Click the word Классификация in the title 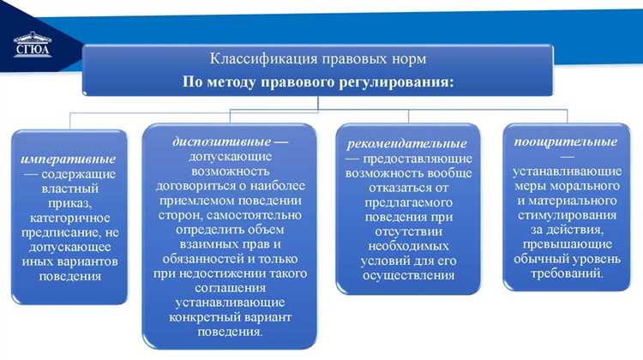point(255,60)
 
